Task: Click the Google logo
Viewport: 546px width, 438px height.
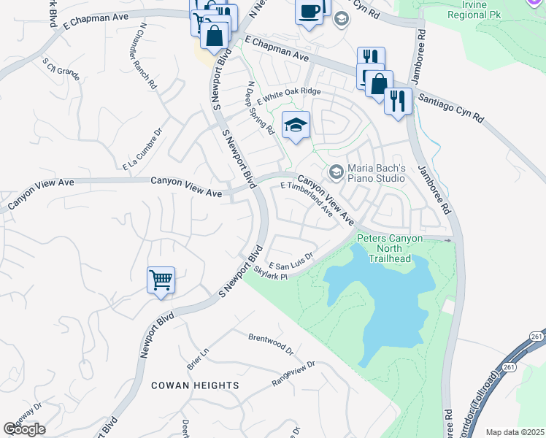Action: point(24,429)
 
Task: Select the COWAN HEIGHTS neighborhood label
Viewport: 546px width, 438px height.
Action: point(195,385)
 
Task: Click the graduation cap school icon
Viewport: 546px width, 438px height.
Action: point(296,126)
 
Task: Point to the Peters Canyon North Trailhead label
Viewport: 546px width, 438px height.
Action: point(384,249)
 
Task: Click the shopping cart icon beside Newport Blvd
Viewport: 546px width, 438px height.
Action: point(161,280)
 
